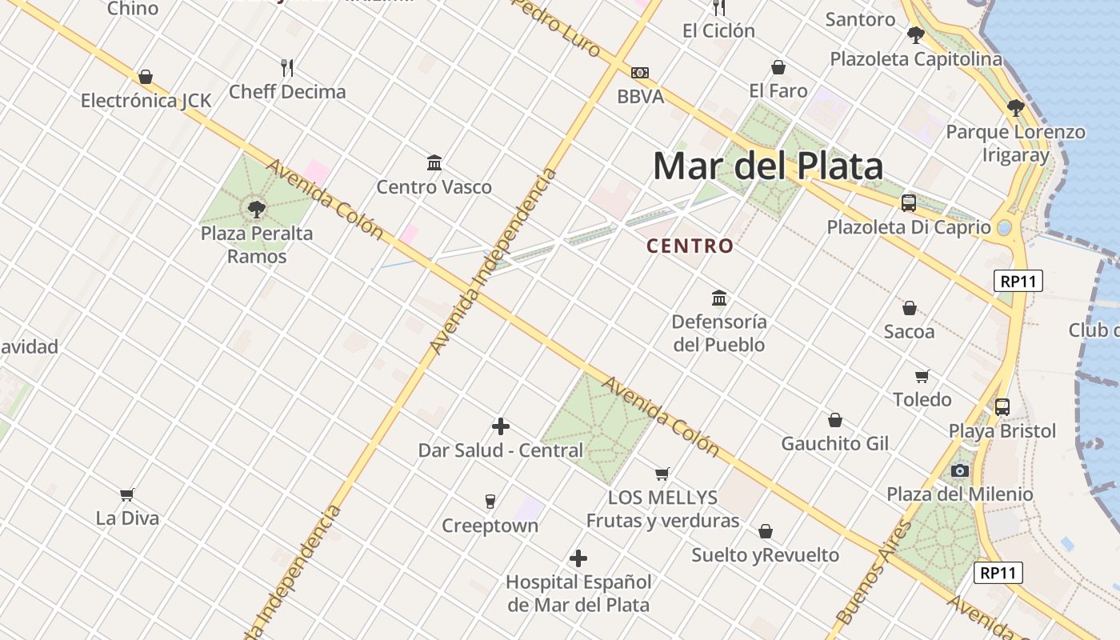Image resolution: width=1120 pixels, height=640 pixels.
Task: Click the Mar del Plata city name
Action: coord(768,166)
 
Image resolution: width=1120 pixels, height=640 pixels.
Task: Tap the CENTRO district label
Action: coord(690,246)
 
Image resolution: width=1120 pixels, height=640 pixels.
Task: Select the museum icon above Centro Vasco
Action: coord(434,163)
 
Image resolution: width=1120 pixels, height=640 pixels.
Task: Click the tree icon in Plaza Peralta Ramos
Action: coord(257,210)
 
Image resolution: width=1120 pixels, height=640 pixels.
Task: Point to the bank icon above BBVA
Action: coord(640,73)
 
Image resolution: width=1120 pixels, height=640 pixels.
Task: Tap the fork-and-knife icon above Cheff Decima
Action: coord(287,67)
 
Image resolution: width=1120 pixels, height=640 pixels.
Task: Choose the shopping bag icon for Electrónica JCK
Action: coord(146,77)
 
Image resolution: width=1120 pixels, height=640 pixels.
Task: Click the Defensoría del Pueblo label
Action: coord(719,333)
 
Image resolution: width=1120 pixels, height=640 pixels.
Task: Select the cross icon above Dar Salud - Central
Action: coord(501,426)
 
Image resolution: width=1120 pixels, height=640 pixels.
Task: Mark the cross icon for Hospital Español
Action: coord(578,558)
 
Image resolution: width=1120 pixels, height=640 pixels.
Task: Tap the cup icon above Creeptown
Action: coord(490,502)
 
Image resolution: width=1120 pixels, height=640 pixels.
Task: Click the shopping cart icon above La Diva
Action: coord(127,494)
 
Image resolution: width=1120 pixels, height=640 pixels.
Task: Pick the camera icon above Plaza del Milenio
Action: coord(960,470)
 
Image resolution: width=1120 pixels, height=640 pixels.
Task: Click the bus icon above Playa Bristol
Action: coord(1002,406)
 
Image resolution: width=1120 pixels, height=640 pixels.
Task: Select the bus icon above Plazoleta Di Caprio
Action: coord(909,202)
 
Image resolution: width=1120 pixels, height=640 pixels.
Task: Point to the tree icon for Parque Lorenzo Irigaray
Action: coord(1016,107)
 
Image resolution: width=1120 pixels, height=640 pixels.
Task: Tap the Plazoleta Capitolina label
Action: coord(915,59)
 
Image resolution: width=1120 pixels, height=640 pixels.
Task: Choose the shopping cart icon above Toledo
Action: coord(922,376)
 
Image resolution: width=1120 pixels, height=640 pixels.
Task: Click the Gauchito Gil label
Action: coord(834,443)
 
